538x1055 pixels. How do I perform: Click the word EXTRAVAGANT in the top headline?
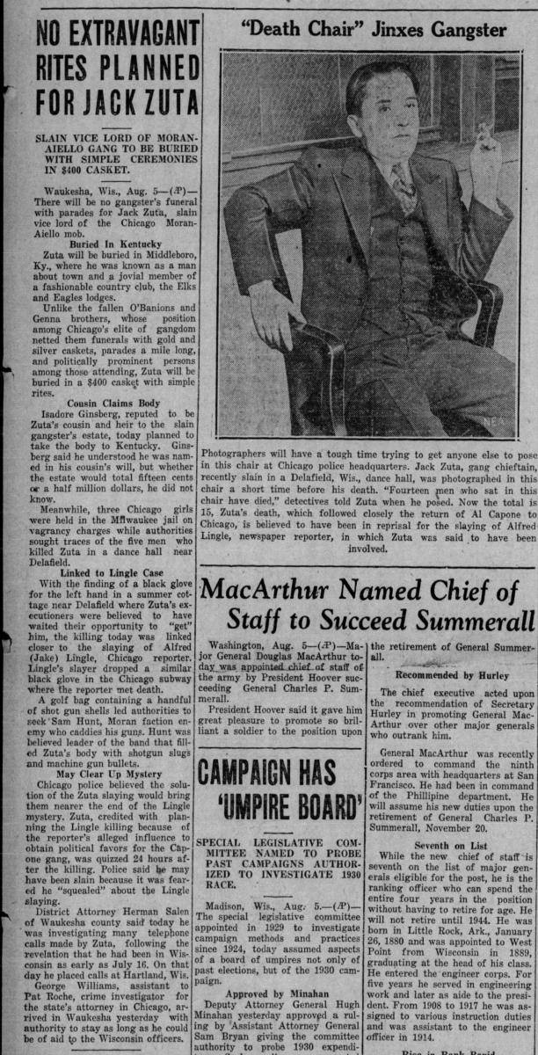point(122,38)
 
